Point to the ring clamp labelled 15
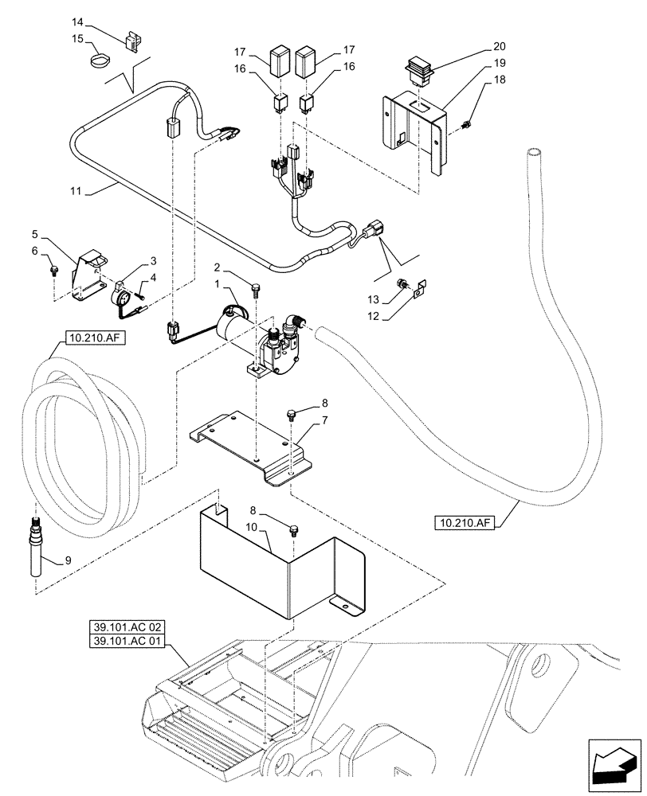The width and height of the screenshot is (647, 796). click(x=100, y=60)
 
